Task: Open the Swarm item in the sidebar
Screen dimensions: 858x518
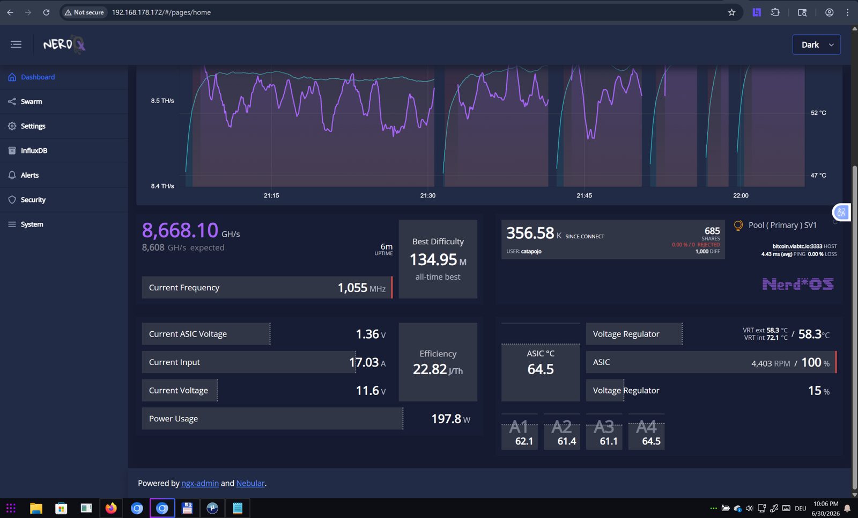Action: [32, 101]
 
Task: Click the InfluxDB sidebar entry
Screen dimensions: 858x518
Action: [34, 151]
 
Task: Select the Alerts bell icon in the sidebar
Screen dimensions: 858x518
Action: [12, 175]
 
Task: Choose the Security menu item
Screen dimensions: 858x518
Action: [33, 200]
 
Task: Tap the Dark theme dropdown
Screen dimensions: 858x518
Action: [816, 45]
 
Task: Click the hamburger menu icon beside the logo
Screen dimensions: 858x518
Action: [16, 45]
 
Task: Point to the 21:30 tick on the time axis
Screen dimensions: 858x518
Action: [427, 195]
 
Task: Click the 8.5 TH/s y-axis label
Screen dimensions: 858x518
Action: [162, 101]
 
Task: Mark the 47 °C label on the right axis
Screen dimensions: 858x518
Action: [818, 175]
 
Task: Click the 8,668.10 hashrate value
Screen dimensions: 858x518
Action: [180, 230]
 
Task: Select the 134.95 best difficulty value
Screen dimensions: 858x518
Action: [433, 260]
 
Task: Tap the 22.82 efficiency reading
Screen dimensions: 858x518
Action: [430, 369]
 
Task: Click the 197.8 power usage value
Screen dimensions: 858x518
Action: [446, 419]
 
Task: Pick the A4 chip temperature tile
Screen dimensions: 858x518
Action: [646, 432]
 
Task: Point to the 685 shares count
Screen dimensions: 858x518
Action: [712, 231]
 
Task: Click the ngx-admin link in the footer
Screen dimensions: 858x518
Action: [200, 483]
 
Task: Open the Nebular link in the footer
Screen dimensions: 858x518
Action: [250, 483]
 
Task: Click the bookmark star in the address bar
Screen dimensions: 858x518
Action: [731, 12]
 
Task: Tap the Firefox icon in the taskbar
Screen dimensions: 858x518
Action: [111, 508]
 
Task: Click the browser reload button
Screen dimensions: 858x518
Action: [46, 12]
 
